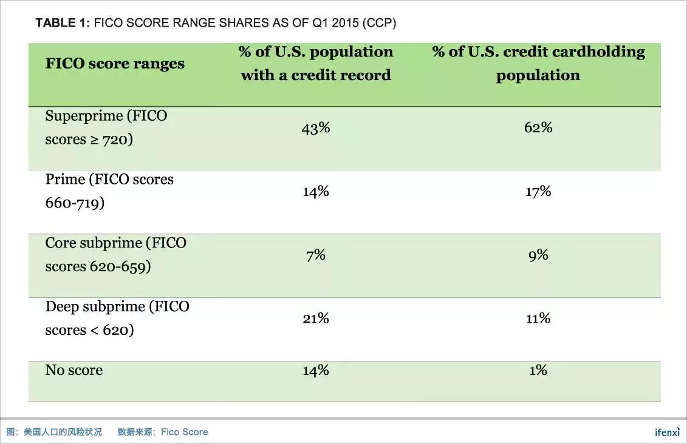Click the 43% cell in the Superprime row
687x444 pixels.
(x=316, y=128)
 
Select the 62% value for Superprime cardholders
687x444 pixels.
(x=538, y=127)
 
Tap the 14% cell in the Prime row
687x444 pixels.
(x=316, y=192)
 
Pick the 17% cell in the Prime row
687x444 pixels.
(x=538, y=192)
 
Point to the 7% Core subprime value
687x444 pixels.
(x=316, y=255)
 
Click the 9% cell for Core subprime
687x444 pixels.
(x=538, y=255)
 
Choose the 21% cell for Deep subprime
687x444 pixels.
(x=316, y=318)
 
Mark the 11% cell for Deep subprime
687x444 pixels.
(x=538, y=318)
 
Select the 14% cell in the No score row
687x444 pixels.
(x=316, y=370)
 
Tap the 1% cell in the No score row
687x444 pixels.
(x=538, y=370)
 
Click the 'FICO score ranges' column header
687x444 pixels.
(x=115, y=64)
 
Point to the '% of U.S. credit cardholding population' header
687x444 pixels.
(x=538, y=63)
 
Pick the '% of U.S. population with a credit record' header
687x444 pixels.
(x=316, y=63)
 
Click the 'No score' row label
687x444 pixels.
(x=74, y=370)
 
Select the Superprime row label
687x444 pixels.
(x=106, y=127)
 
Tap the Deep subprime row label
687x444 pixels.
(x=117, y=318)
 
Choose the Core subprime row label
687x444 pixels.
(x=116, y=255)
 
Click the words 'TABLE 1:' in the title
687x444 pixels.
(x=63, y=23)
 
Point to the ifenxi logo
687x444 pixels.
(x=667, y=432)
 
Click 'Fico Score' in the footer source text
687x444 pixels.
(x=185, y=432)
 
